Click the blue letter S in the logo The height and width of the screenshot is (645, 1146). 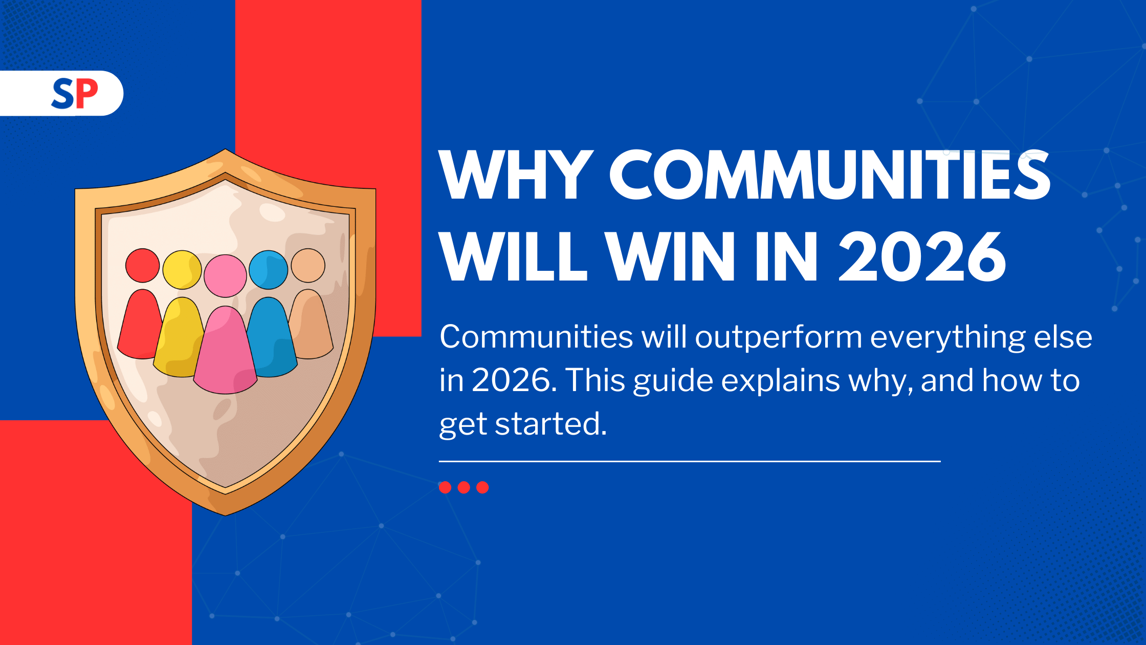click(63, 94)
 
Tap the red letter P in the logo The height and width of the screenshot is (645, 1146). click(86, 94)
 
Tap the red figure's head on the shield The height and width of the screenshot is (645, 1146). click(143, 265)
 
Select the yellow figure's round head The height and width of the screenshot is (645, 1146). click(182, 270)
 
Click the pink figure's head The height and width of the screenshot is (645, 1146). click(225, 276)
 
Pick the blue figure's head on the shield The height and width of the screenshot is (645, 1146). click(269, 270)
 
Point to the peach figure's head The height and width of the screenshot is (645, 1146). click(308, 265)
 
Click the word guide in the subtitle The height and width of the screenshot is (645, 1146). click(673, 382)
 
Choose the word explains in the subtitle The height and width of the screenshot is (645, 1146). click(781, 382)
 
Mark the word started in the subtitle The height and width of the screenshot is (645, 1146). click(550, 424)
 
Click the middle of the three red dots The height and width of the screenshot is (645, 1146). click(464, 487)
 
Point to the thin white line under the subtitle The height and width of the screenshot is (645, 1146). click(690, 461)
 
